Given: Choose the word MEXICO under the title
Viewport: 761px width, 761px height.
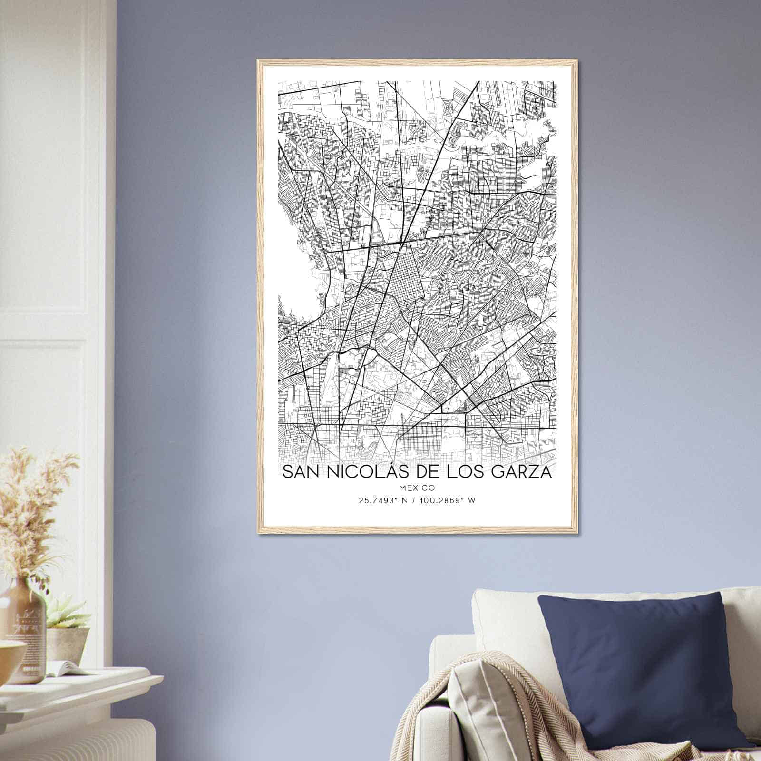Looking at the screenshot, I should click(x=418, y=488).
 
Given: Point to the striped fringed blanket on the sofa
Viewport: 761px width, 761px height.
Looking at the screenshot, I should click(x=490, y=713).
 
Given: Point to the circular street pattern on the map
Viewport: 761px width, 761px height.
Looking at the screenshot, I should click(x=449, y=107).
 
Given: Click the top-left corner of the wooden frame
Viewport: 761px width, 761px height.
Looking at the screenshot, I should click(x=258, y=61).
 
